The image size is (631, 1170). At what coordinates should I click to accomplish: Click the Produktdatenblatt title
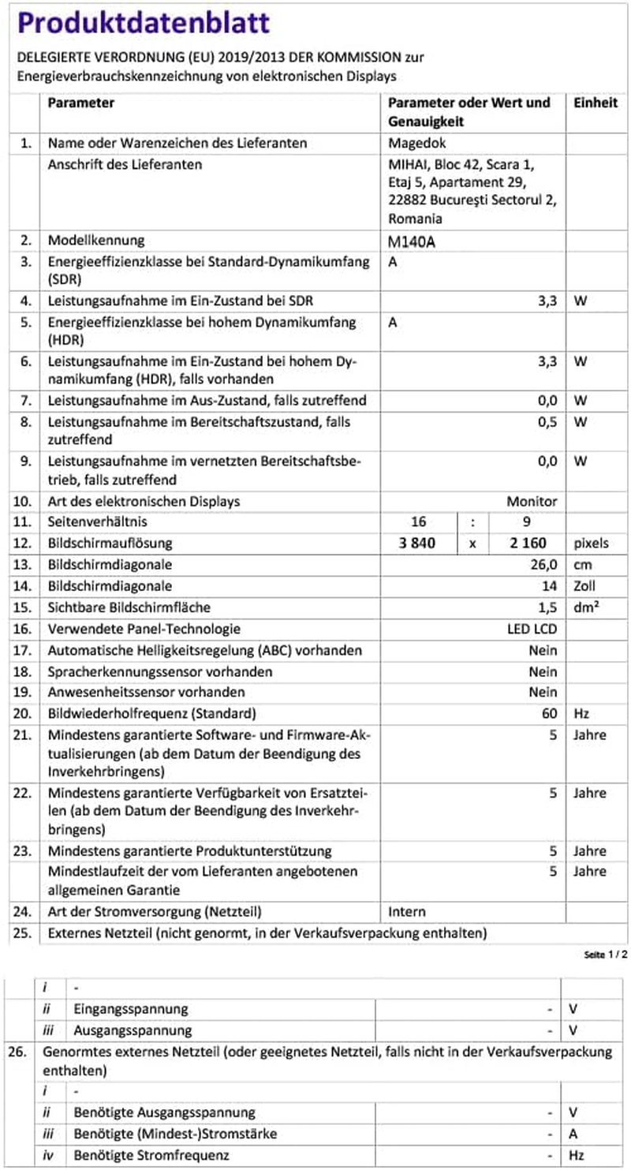144,23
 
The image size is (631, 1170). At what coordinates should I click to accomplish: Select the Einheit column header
596,103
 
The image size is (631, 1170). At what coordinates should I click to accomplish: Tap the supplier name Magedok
414,144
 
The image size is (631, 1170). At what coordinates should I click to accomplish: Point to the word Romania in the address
416,219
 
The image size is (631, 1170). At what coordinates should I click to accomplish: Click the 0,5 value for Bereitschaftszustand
547,422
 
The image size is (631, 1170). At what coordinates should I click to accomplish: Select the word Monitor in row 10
532,501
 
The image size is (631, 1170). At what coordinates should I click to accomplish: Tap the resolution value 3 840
429,544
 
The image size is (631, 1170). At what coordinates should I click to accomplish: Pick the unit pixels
592,544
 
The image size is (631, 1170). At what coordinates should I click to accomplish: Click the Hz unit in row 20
582,714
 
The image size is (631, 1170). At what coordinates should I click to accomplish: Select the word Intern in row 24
407,911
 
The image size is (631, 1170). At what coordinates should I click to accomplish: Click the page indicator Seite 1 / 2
605,955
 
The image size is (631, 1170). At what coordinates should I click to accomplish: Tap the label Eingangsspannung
131,1008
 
